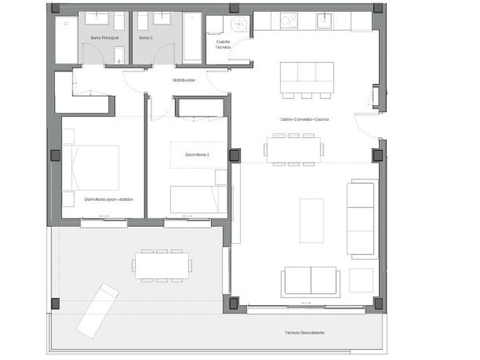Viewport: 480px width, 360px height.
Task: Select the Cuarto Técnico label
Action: coord(223,45)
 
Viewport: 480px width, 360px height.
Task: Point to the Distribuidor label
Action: coord(184,80)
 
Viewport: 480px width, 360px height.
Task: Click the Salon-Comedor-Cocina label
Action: coord(304,119)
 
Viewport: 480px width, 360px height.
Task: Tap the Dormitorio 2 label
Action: coord(197,154)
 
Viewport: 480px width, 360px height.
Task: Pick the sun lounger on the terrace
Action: coord(97,310)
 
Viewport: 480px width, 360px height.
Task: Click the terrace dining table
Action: coord(162,266)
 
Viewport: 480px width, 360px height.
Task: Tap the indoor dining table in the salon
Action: coord(294,150)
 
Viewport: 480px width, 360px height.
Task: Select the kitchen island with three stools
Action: coord(306,77)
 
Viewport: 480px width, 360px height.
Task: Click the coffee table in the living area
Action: coord(311,220)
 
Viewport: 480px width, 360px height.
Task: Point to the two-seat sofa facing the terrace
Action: coord(311,281)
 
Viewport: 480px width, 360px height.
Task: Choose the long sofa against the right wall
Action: coord(362,218)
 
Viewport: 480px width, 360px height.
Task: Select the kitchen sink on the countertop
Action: coord(326,21)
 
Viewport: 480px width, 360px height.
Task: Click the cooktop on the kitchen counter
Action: coord(289,21)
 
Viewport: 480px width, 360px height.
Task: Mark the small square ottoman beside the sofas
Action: coord(361,280)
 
